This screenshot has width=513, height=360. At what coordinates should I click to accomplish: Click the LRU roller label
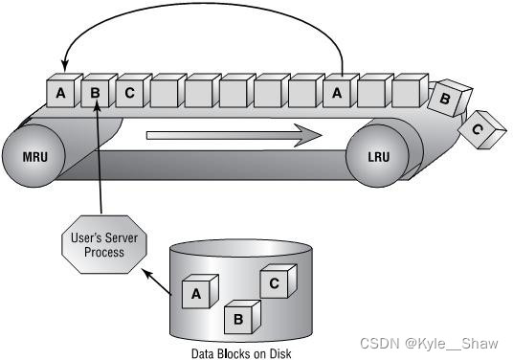click(x=389, y=154)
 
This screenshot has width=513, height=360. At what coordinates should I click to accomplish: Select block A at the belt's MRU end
click(x=61, y=93)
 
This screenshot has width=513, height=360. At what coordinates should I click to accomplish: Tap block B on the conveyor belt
click(x=96, y=93)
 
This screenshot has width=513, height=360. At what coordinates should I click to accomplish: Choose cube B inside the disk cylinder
click(x=238, y=317)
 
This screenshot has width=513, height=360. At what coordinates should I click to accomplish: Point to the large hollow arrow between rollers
click(x=234, y=135)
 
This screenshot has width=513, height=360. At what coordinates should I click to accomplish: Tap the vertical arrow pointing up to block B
click(x=99, y=163)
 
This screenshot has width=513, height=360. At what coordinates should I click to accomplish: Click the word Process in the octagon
click(x=100, y=252)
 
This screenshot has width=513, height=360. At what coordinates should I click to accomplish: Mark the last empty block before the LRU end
click(x=406, y=93)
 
